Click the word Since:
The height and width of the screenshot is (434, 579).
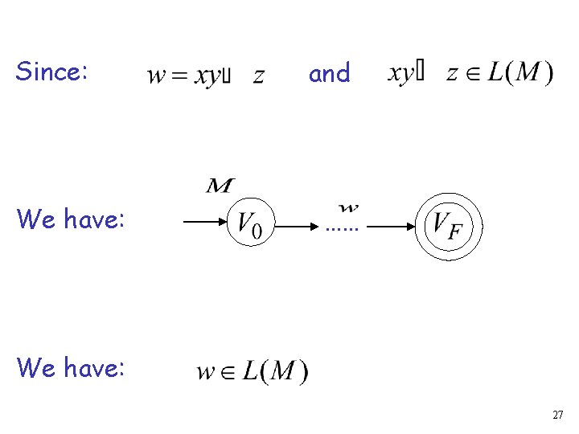tap(51, 72)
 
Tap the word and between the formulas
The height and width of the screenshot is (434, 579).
tap(330, 74)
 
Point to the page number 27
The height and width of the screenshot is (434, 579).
tap(557, 416)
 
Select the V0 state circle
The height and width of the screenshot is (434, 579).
tap(253, 223)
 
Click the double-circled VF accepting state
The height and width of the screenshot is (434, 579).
tap(448, 224)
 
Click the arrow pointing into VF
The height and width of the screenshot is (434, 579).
tap(391, 227)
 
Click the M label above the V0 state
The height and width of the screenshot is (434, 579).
tap(219, 186)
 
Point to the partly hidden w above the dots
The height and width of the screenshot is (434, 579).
tap(347, 209)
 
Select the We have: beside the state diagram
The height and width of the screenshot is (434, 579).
tap(71, 218)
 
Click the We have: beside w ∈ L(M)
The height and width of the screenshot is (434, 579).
tap(71, 367)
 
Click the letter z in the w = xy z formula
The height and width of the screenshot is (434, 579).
tap(258, 77)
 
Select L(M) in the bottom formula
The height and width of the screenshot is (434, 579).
tap(275, 372)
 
